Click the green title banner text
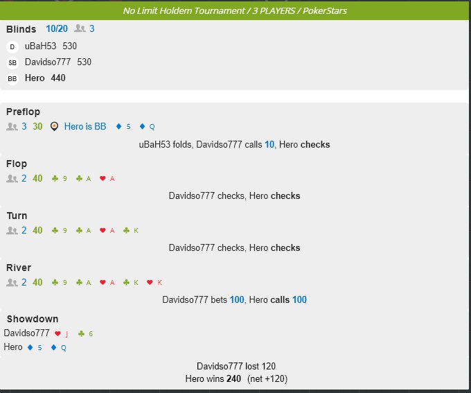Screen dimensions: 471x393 click(x=235, y=11)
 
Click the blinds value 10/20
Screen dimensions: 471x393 click(x=57, y=29)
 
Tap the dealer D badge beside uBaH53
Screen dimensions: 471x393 click(x=12, y=47)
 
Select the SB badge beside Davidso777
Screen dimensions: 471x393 click(x=12, y=63)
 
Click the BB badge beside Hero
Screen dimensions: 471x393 click(x=12, y=79)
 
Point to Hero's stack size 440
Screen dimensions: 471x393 click(x=58, y=78)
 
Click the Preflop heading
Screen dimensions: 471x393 click(x=23, y=112)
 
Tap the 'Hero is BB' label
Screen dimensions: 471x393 click(x=85, y=127)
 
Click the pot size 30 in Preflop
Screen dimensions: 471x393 click(x=37, y=127)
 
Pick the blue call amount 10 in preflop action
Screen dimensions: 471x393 click(x=269, y=145)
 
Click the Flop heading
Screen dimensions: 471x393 click(x=17, y=164)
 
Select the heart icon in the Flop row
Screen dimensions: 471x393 click(x=103, y=179)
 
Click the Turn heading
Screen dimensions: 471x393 click(x=17, y=216)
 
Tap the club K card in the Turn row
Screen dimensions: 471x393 click(x=131, y=231)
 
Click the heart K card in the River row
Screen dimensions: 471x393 click(x=154, y=283)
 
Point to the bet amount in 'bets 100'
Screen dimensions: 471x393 click(x=237, y=300)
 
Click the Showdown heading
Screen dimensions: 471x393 click(x=33, y=319)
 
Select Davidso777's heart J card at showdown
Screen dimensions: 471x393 click(x=62, y=334)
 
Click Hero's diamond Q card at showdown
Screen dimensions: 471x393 click(x=59, y=348)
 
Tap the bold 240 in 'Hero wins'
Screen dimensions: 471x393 click(x=233, y=378)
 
